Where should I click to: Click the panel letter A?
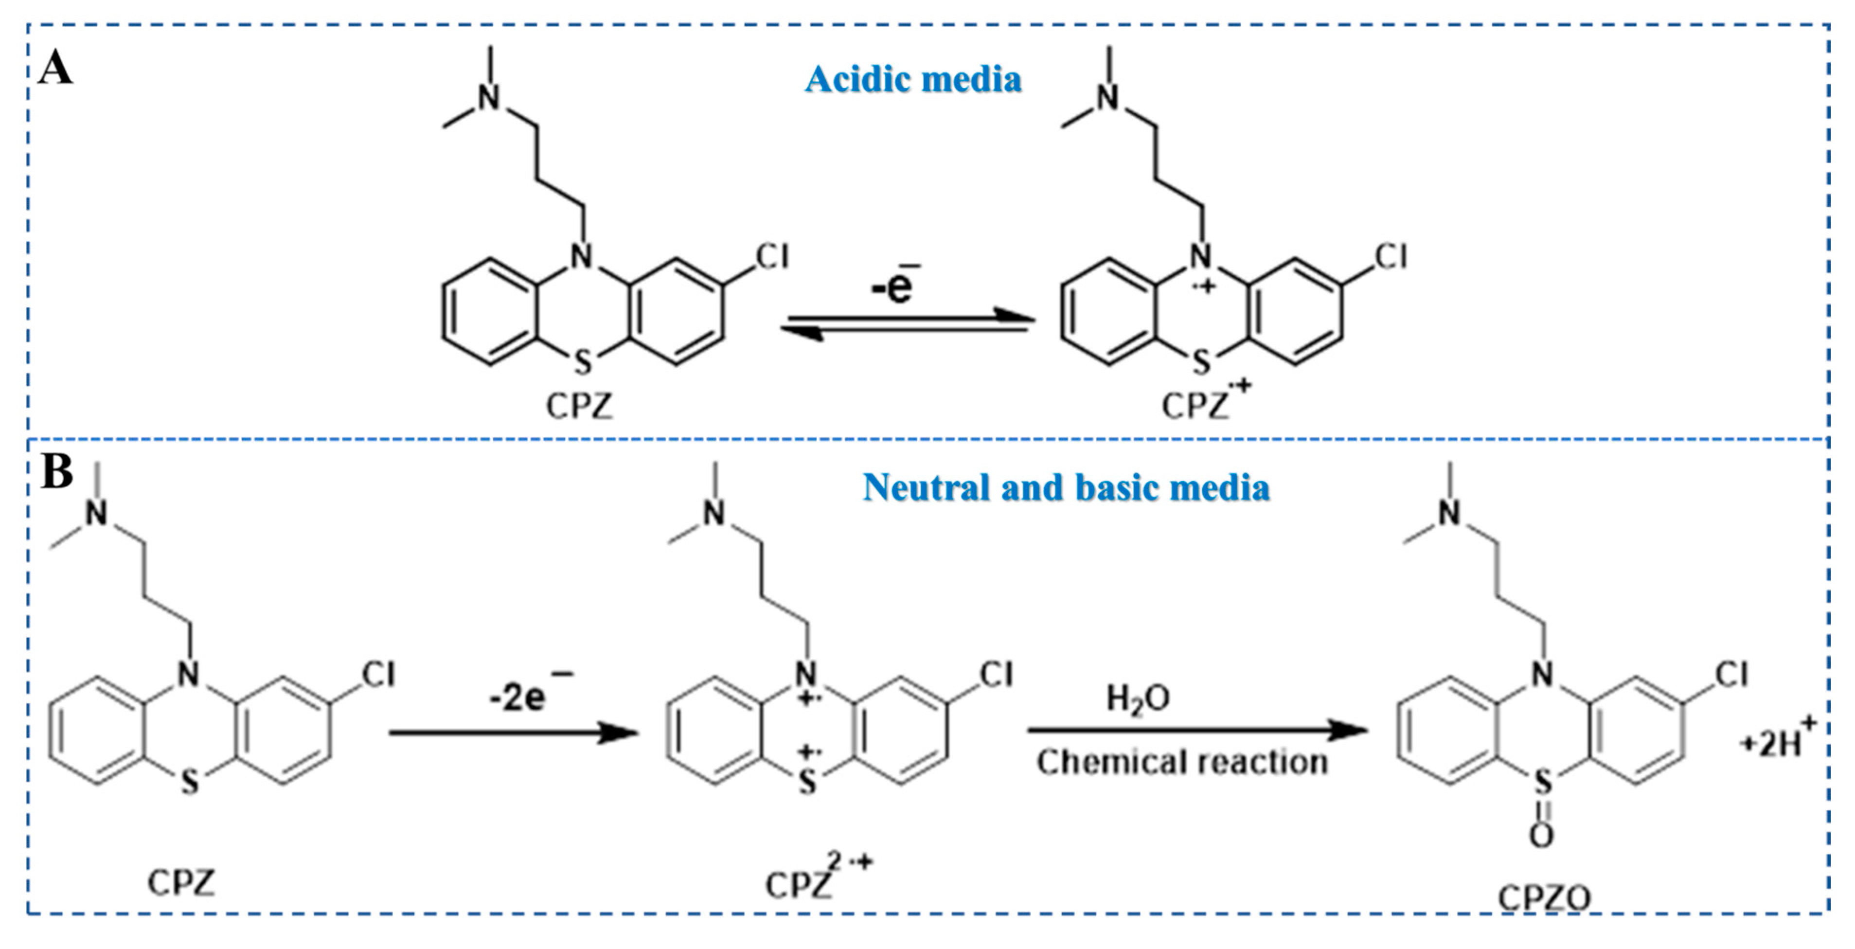(x=55, y=69)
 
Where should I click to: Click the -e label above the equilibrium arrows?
(x=893, y=286)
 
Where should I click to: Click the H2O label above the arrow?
(x=1138, y=698)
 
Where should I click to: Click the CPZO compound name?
(x=1544, y=898)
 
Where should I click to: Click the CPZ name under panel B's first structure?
(x=181, y=882)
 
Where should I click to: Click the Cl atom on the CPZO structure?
(x=1731, y=675)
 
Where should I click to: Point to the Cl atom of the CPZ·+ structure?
(x=1391, y=257)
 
